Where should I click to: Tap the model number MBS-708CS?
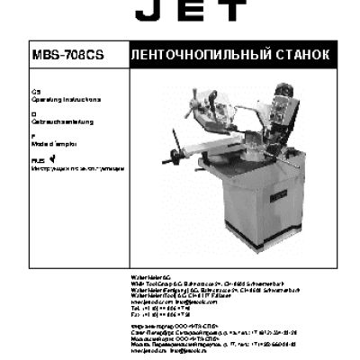click(x=67, y=54)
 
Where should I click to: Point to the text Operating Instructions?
click(x=67, y=99)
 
